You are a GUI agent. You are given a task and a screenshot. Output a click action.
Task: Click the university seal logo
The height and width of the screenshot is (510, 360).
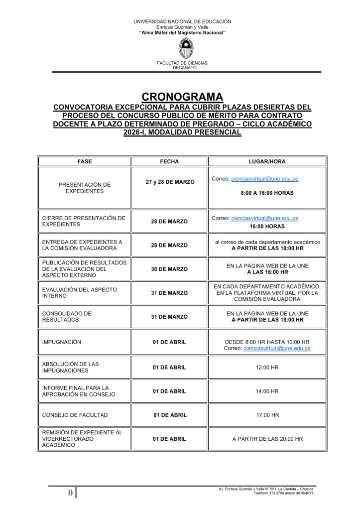pos(182,48)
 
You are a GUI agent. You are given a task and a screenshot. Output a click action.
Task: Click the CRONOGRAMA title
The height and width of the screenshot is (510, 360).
pos(182,97)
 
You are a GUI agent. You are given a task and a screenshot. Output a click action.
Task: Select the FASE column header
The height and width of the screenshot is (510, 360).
pos(85,161)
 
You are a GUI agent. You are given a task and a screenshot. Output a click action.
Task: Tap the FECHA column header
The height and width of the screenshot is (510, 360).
pos(169,161)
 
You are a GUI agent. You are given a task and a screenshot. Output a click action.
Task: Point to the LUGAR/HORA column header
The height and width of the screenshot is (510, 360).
pos(267,161)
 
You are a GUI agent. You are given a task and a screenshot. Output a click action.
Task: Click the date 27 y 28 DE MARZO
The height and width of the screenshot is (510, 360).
pos(169,182)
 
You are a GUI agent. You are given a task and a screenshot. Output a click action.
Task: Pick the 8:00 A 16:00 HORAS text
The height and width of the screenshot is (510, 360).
pos(267,193)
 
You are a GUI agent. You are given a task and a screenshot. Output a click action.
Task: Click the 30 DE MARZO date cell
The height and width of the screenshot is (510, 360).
pos(169,269)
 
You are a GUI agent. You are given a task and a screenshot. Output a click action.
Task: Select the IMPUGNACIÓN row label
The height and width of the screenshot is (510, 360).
pos(62,342)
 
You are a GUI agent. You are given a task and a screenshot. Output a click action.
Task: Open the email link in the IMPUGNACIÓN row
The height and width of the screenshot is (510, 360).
pos(277,349)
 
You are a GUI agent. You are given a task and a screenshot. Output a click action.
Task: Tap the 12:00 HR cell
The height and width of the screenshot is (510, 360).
pos(267,367)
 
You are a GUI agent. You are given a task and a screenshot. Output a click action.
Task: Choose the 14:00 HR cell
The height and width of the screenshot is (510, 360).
pos(267,391)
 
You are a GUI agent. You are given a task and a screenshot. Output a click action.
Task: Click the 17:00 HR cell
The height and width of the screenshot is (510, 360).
pos(267,415)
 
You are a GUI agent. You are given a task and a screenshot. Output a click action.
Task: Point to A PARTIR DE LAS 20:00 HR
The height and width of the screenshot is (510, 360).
pos(267,439)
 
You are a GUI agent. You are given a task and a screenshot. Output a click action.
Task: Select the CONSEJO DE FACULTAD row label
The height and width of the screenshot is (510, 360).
pos(75,415)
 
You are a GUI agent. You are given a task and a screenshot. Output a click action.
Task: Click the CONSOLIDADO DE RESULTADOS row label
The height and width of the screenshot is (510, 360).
pos(67,317)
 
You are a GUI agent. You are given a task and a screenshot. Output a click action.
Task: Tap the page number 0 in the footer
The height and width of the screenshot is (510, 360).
pos(70,493)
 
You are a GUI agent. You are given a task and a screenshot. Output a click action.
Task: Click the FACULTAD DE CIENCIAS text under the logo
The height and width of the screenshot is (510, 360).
pos(182,63)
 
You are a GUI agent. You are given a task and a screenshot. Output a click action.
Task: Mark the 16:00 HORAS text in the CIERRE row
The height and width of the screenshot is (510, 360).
pos(267,226)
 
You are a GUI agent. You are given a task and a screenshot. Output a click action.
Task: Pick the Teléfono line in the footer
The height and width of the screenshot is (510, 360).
pos(283,493)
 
